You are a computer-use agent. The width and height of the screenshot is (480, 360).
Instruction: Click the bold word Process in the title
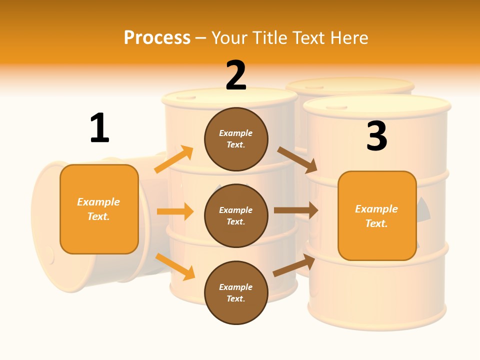(x=157, y=37)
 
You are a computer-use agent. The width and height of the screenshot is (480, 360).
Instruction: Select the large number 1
(x=99, y=128)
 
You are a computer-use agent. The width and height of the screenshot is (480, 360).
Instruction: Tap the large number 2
(x=236, y=75)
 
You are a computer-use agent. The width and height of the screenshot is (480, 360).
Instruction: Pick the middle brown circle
(x=236, y=215)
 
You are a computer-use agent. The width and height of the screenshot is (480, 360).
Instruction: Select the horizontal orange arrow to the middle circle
(x=175, y=211)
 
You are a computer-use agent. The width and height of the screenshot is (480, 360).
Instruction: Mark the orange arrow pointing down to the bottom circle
(x=175, y=266)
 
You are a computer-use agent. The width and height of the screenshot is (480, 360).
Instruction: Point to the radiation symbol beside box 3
(x=422, y=209)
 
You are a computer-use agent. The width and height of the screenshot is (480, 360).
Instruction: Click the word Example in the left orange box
(x=98, y=202)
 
